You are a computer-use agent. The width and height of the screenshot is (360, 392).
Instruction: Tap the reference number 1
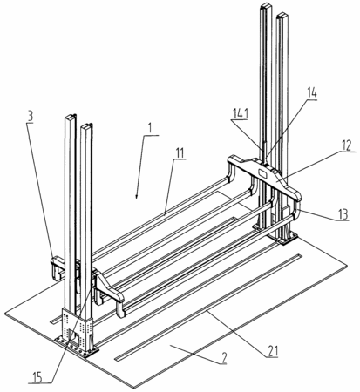[x=150, y=128]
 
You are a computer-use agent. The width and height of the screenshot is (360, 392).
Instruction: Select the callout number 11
[x=180, y=152]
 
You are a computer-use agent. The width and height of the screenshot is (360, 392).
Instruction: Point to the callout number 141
[x=241, y=114]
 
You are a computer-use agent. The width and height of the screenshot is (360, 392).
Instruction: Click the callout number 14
[x=311, y=93]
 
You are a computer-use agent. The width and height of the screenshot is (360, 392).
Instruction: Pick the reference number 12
[x=346, y=145]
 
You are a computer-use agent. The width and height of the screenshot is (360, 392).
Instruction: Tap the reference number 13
[x=343, y=214]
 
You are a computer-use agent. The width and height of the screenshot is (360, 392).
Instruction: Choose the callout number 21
[x=273, y=351]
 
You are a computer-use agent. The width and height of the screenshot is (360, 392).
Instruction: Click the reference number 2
[x=223, y=359]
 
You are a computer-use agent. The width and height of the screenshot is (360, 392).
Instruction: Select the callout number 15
[x=37, y=377]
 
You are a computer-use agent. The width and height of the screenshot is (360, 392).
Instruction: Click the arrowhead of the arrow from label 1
[x=137, y=197]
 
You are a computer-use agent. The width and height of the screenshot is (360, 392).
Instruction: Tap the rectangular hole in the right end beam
[x=263, y=173]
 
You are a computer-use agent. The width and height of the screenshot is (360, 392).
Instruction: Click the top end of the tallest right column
[x=266, y=6]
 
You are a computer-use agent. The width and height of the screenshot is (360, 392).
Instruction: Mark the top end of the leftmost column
[x=70, y=117]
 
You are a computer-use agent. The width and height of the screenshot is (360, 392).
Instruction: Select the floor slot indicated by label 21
[x=209, y=308]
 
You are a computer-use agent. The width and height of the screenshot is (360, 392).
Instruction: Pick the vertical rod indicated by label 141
[x=264, y=152]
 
